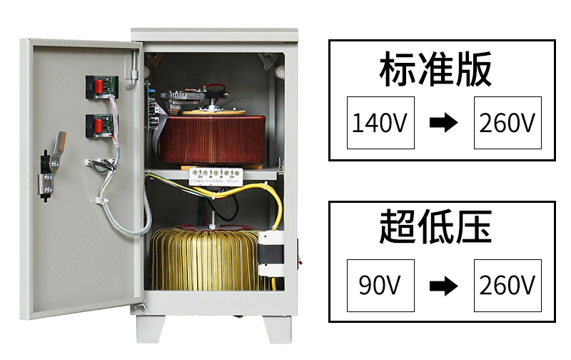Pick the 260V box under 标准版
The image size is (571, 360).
(507, 123)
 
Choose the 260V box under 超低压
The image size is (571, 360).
(507, 286)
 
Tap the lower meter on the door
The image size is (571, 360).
(98, 125)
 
